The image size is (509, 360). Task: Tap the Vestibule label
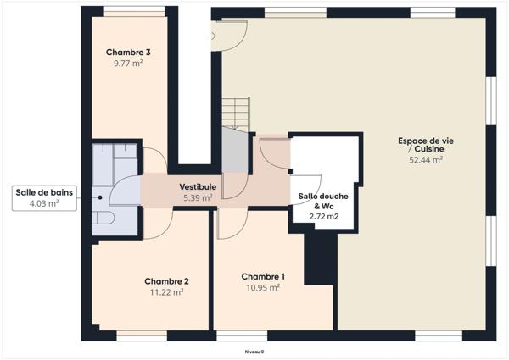click(197, 186)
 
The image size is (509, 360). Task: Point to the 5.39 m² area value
click(197, 197)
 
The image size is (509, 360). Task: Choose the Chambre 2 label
click(166, 281)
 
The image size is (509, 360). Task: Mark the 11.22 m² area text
click(166, 292)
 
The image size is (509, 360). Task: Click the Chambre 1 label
click(263, 276)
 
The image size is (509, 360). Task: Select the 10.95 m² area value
click(263, 287)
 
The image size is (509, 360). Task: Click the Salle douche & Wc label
click(323, 201)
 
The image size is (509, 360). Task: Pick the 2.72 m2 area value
click(323, 217)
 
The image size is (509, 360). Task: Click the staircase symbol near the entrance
click(235, 114)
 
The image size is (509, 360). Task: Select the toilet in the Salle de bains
click(103, 219)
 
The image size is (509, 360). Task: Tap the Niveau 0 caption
click(254, 351)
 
